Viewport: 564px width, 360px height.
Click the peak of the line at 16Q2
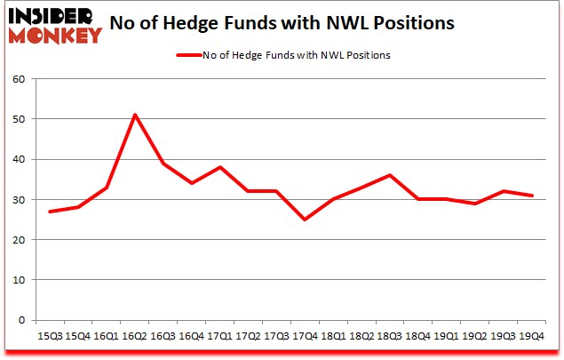(x=134, y=115)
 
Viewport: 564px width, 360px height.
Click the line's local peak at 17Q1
(x=221, y=167)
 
